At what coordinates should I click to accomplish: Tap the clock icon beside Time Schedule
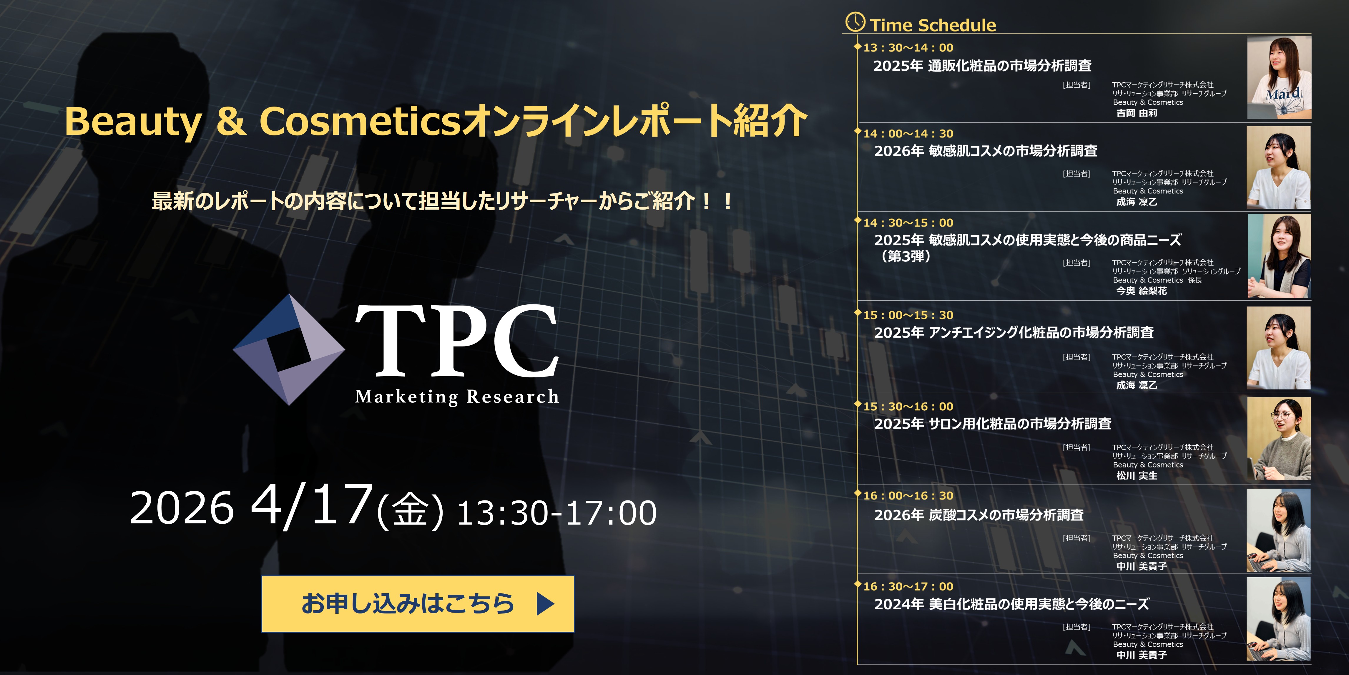[x=855, y=22]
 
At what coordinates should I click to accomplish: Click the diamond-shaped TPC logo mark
[x=289, y=349]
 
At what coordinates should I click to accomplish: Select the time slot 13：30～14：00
[x=908, y=48]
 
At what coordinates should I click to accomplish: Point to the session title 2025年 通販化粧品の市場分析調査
[x=982, y=65]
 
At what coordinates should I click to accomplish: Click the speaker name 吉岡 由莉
[x=1137, y=112]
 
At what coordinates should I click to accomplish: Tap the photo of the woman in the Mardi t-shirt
[x=1279, y=77]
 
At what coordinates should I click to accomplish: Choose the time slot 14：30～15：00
[x=908, y=223]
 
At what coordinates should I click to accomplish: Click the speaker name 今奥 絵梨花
[x=1141, y=291]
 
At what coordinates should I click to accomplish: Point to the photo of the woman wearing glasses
[x=1279, y=439]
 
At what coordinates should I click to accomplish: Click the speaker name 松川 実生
[x=1137, y=475]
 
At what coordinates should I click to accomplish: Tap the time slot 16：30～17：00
[x=908, y=586]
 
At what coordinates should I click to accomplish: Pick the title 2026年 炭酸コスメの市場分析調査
[x=979, y=515]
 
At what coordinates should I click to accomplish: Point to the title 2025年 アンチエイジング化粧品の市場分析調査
[x=1014, y=333]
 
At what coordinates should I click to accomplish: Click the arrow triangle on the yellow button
[x=545, y=604]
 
